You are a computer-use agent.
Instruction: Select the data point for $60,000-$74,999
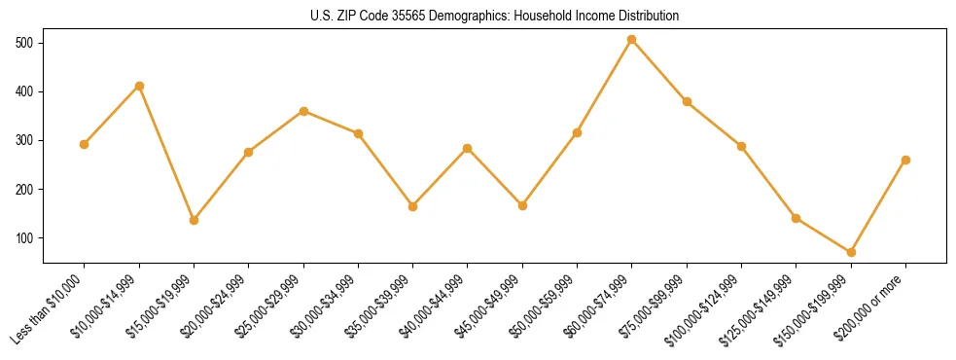click(632, 40)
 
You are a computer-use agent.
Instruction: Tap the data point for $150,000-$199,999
click(851, 252)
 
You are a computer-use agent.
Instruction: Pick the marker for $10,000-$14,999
click(139, 86)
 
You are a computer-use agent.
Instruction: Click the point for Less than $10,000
click(85, 144)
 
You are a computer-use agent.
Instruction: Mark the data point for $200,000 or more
click(905, 160)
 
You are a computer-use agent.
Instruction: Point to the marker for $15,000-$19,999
click(194, 220)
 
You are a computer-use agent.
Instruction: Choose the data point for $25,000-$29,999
click(303, 111)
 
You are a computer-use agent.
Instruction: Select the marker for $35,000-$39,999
click(413, 206)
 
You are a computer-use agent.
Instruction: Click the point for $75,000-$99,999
click(687, 101)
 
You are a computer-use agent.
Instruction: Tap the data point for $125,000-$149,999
click(797, 218)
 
